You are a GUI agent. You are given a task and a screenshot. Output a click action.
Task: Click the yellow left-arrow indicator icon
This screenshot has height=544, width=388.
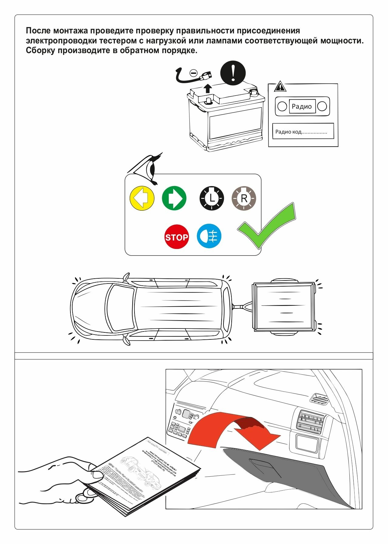tap(142, 199)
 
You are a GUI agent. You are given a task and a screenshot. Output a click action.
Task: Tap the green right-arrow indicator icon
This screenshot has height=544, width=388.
tap(174, 199)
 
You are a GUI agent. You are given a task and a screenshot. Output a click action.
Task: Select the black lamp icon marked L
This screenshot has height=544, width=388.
tap(212, 199)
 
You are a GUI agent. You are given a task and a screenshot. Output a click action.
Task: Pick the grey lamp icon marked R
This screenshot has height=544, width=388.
tap(244, 199)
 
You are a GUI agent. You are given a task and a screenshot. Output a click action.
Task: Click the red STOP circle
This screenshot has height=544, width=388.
tap(176, 237)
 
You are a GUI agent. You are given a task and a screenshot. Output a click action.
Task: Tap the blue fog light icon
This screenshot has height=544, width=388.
tap(209, 236)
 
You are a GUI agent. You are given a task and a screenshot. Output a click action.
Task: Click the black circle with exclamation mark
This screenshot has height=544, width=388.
tap(233, 73)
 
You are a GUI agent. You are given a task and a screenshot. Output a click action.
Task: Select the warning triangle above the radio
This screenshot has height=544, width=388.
tap(280, 87)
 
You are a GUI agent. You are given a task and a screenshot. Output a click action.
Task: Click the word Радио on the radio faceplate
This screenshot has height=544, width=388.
tap(301, 107)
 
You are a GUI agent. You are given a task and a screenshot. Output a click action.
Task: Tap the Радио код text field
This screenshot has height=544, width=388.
tap(303, 131)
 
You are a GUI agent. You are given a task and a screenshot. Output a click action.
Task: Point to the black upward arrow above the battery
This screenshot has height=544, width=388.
tap(208, 88)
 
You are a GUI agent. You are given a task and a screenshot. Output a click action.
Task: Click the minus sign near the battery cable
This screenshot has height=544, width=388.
tap(193, 73)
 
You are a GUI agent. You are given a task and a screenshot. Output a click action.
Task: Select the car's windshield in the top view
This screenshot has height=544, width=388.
tap(121, 308)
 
